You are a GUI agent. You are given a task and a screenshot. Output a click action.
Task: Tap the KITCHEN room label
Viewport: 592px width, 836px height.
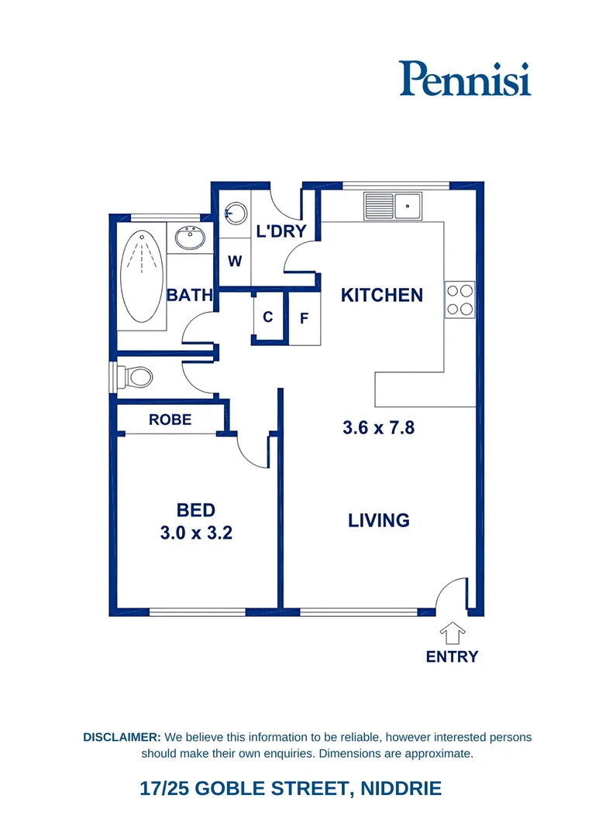click(382, 295)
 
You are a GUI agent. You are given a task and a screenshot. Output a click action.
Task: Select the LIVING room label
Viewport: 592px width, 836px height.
click(379, 520)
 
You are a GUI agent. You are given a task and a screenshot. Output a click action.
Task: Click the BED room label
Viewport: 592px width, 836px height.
click(195, 510)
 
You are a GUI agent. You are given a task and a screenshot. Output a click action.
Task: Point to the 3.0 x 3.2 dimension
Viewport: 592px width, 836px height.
click(195, 533)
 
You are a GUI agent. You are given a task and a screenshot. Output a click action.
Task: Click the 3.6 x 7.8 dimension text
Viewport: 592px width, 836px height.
click(379, 427)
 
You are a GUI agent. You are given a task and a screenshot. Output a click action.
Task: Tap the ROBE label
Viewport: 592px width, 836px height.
click(170, 420)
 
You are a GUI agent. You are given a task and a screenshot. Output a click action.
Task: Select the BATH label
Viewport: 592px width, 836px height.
click(189, 295)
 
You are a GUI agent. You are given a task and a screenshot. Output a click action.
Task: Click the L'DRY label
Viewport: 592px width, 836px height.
click(281, 231)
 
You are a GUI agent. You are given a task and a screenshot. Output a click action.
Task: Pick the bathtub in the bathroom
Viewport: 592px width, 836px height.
click(143, 276)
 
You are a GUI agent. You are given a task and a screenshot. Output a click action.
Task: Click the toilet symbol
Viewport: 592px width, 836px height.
click(136, 378)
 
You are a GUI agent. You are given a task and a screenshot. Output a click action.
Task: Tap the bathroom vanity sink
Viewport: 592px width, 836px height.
click(188, 237)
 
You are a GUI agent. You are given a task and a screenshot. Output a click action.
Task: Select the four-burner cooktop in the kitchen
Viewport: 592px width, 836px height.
click(459, 300)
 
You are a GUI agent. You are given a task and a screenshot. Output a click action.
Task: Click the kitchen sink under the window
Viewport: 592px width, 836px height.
click(393, 206)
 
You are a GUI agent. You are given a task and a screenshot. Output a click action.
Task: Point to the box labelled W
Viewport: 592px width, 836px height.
click(235, 262)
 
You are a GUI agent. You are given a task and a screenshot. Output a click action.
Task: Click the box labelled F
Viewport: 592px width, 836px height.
click(305, 318)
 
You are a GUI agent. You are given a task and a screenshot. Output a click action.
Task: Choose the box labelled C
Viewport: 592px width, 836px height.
click(268, 317)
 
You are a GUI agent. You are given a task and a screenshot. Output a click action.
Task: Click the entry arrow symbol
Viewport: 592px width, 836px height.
click(452, 632)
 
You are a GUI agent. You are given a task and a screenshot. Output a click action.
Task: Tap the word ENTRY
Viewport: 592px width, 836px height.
click(452, 656)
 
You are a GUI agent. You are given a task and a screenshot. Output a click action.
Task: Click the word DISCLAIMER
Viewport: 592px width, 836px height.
click(122, 737)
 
